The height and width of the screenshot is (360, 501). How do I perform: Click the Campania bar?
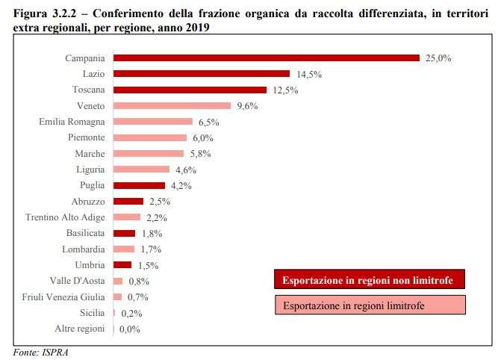pos(266,58)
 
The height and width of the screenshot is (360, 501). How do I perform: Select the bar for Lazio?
pos(201,73)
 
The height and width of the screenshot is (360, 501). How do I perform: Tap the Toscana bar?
pos(190,90)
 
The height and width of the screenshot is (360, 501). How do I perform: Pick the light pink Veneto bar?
pos(172,105)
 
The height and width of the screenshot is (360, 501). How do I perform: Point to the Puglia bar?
pos(139,185)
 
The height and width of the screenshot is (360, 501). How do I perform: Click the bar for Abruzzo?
pos(128,201)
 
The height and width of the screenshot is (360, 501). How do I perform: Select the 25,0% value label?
pos(438,58)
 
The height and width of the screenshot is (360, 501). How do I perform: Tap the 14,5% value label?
pos(308,73)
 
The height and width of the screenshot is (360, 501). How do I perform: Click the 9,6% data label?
pos(247,105)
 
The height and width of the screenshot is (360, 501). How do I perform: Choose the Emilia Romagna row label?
pos(72,121)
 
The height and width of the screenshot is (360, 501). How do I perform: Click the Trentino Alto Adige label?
pos(65,217)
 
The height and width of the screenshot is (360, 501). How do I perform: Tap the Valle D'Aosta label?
pos(77,281)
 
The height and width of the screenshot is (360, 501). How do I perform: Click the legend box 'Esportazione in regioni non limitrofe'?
pos(369,280)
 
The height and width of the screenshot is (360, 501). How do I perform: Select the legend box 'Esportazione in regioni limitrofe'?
pos(369,305)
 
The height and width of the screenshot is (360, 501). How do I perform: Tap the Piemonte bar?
pos(149,137)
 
